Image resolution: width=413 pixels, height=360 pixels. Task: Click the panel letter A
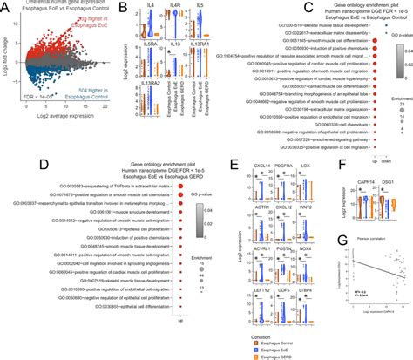tap(6, 7)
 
